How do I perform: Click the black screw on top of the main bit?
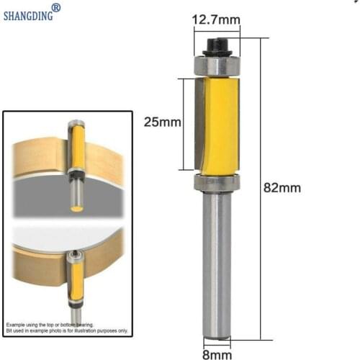pyautogui.click(x=215, y=47)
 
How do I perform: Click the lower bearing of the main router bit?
pyautogui.click(x=215, y=181)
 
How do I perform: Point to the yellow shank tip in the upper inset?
pyautogui.click(x=74, y=208)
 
